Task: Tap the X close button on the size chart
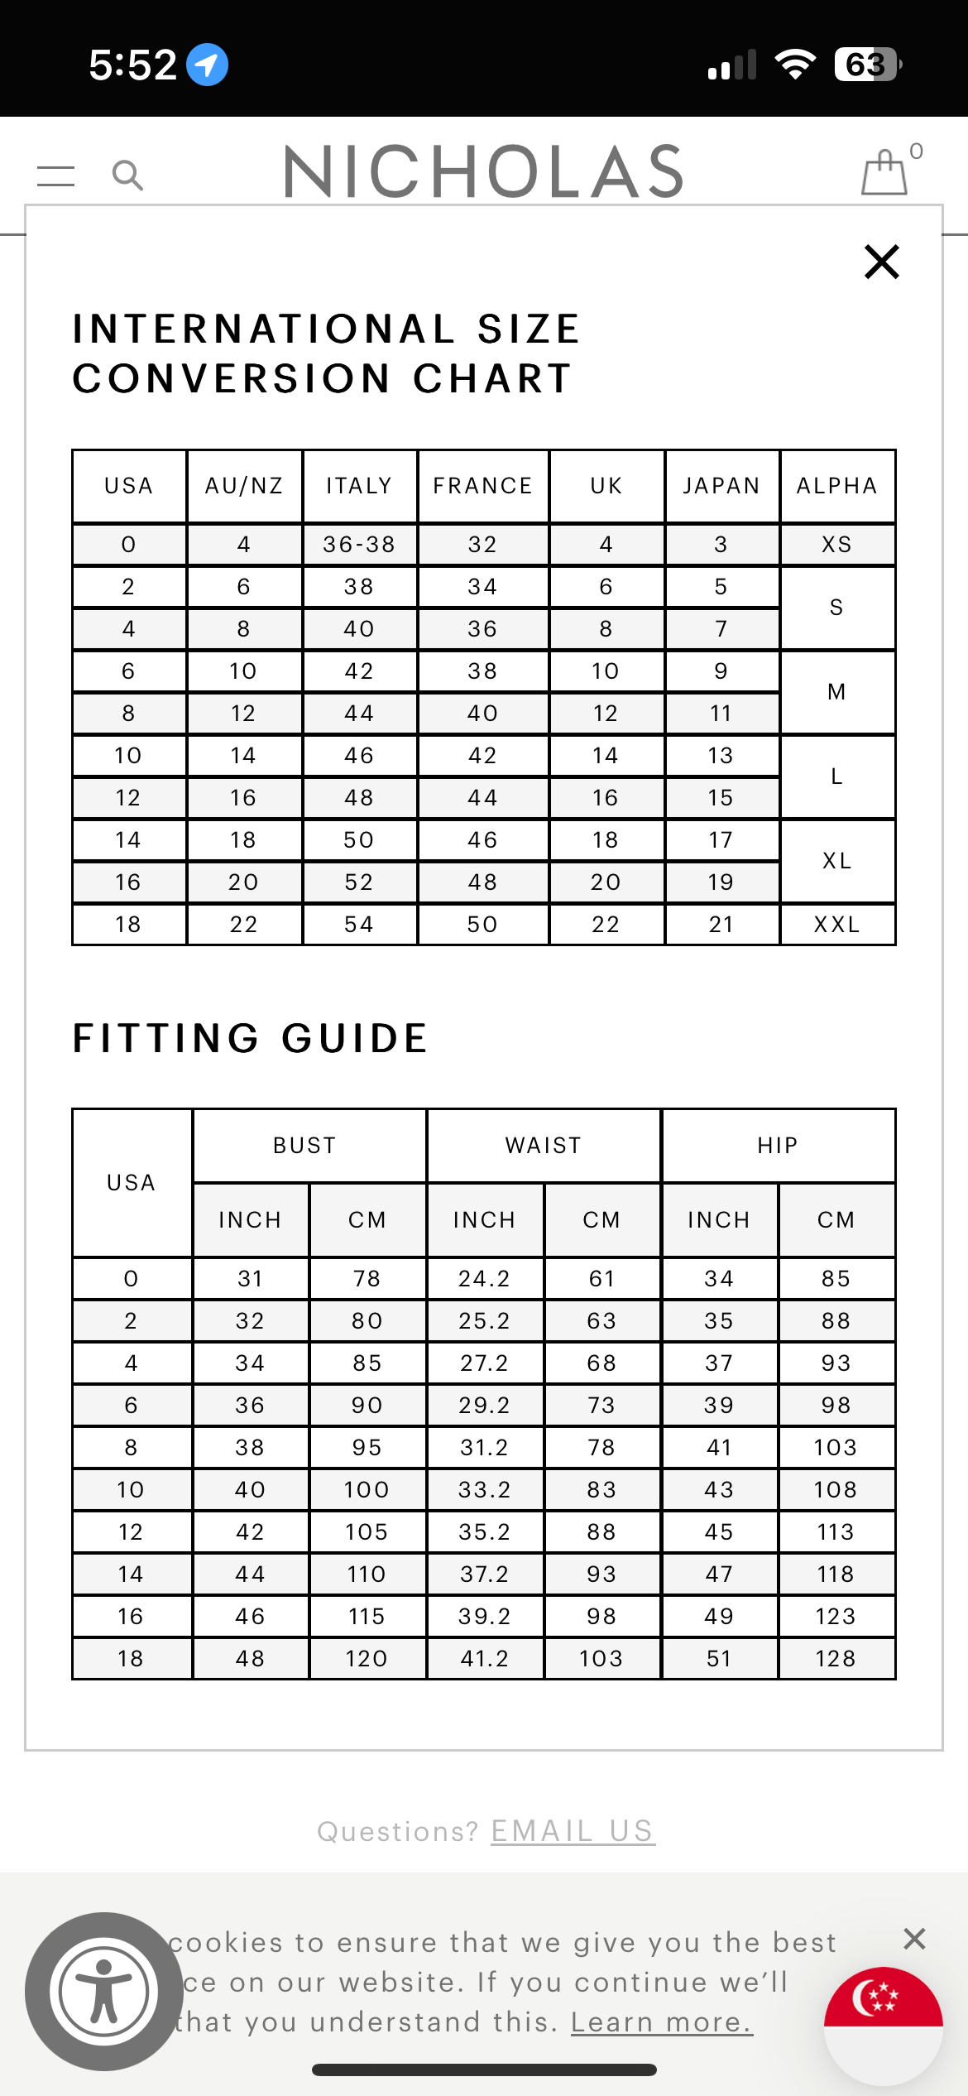coord(881,262)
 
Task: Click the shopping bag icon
coord(884,173)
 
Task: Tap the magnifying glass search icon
coord(127,175)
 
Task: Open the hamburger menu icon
coord(56,175)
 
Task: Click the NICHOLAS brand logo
coord(484,171)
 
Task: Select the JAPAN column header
coord(721,486)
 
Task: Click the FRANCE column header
coord(483,486)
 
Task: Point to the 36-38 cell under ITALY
coord(359,545)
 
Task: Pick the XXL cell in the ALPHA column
coord(837,925)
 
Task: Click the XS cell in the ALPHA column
coord(837,545)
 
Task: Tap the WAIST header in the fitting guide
coord(544,1146)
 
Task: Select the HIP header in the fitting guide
coord(778,1146)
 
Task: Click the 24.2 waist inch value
coord(485,1279)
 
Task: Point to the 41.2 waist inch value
coord(485,1659)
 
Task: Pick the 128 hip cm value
coord(836,1659)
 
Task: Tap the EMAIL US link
coord(573,1831)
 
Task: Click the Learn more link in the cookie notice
coord(661,2022)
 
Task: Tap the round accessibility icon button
coord(104,1992)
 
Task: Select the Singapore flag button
coord(883,2025)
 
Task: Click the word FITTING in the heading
coord(166,1039)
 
